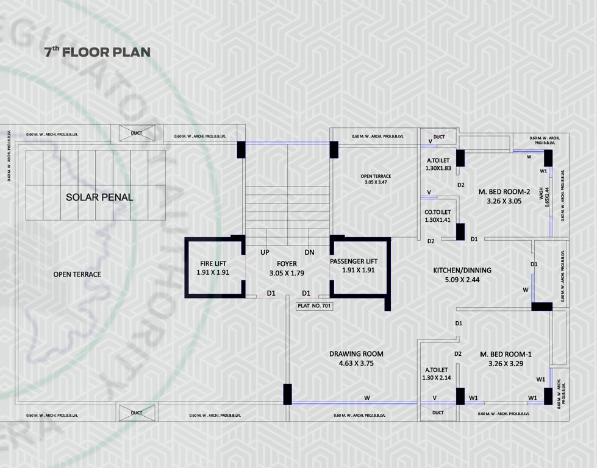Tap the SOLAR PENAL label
point(99,197)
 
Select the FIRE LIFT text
point(213,264)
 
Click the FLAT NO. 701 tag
point(315,307)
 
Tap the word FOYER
point(282,264)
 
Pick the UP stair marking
point(265,252)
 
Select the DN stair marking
point(310,252)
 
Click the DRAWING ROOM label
point(356,353)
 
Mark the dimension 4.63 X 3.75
point(356,364)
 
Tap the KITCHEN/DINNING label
point(462,270)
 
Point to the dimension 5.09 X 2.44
point(462,280)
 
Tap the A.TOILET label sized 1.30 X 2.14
point(436,369)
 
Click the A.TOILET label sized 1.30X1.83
point(438,161)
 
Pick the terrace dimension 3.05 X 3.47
point(376,182)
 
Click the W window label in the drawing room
point(367,398)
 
